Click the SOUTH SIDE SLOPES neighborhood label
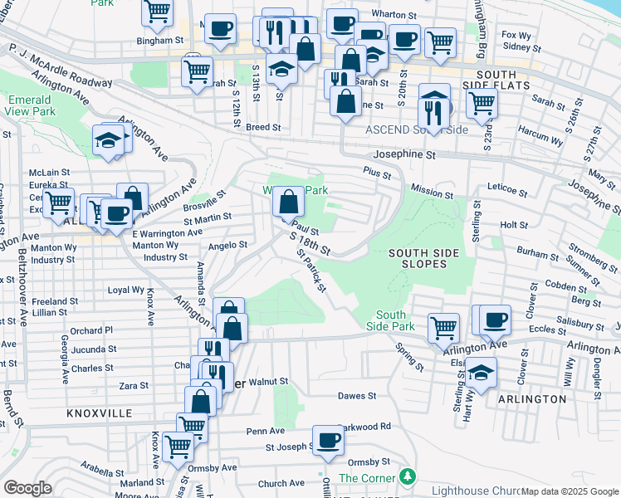tap(418, 257)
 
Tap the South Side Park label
tap(390, 320)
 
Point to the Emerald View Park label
tap(31, 105)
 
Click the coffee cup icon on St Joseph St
tap(328, 441)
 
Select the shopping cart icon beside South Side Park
tap(444, 327)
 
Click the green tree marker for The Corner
tap(407, 476)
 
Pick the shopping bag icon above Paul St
tap(287, 202)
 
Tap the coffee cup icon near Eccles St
tap(496, 319)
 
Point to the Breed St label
tap(264, 128)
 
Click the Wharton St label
tap(394, 15)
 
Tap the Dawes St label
tap(357, 397)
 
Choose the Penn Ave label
tap(265, 431)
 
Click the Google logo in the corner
tap(27, 488)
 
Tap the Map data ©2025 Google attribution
tap(570, 491)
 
